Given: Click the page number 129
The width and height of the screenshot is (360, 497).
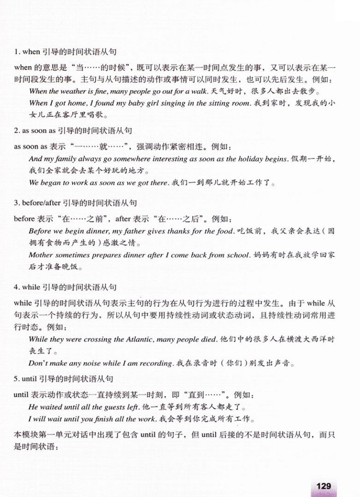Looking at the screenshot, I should (323, 486).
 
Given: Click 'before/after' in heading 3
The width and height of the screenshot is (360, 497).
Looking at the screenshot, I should (41, 203).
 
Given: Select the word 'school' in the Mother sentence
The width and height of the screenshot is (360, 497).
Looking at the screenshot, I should (238, 255).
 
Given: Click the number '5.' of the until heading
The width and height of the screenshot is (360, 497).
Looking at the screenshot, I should (17, 379).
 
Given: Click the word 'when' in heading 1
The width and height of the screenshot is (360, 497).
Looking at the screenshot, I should (31, 52).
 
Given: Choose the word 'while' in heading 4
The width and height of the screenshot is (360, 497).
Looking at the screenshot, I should (31, 287).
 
